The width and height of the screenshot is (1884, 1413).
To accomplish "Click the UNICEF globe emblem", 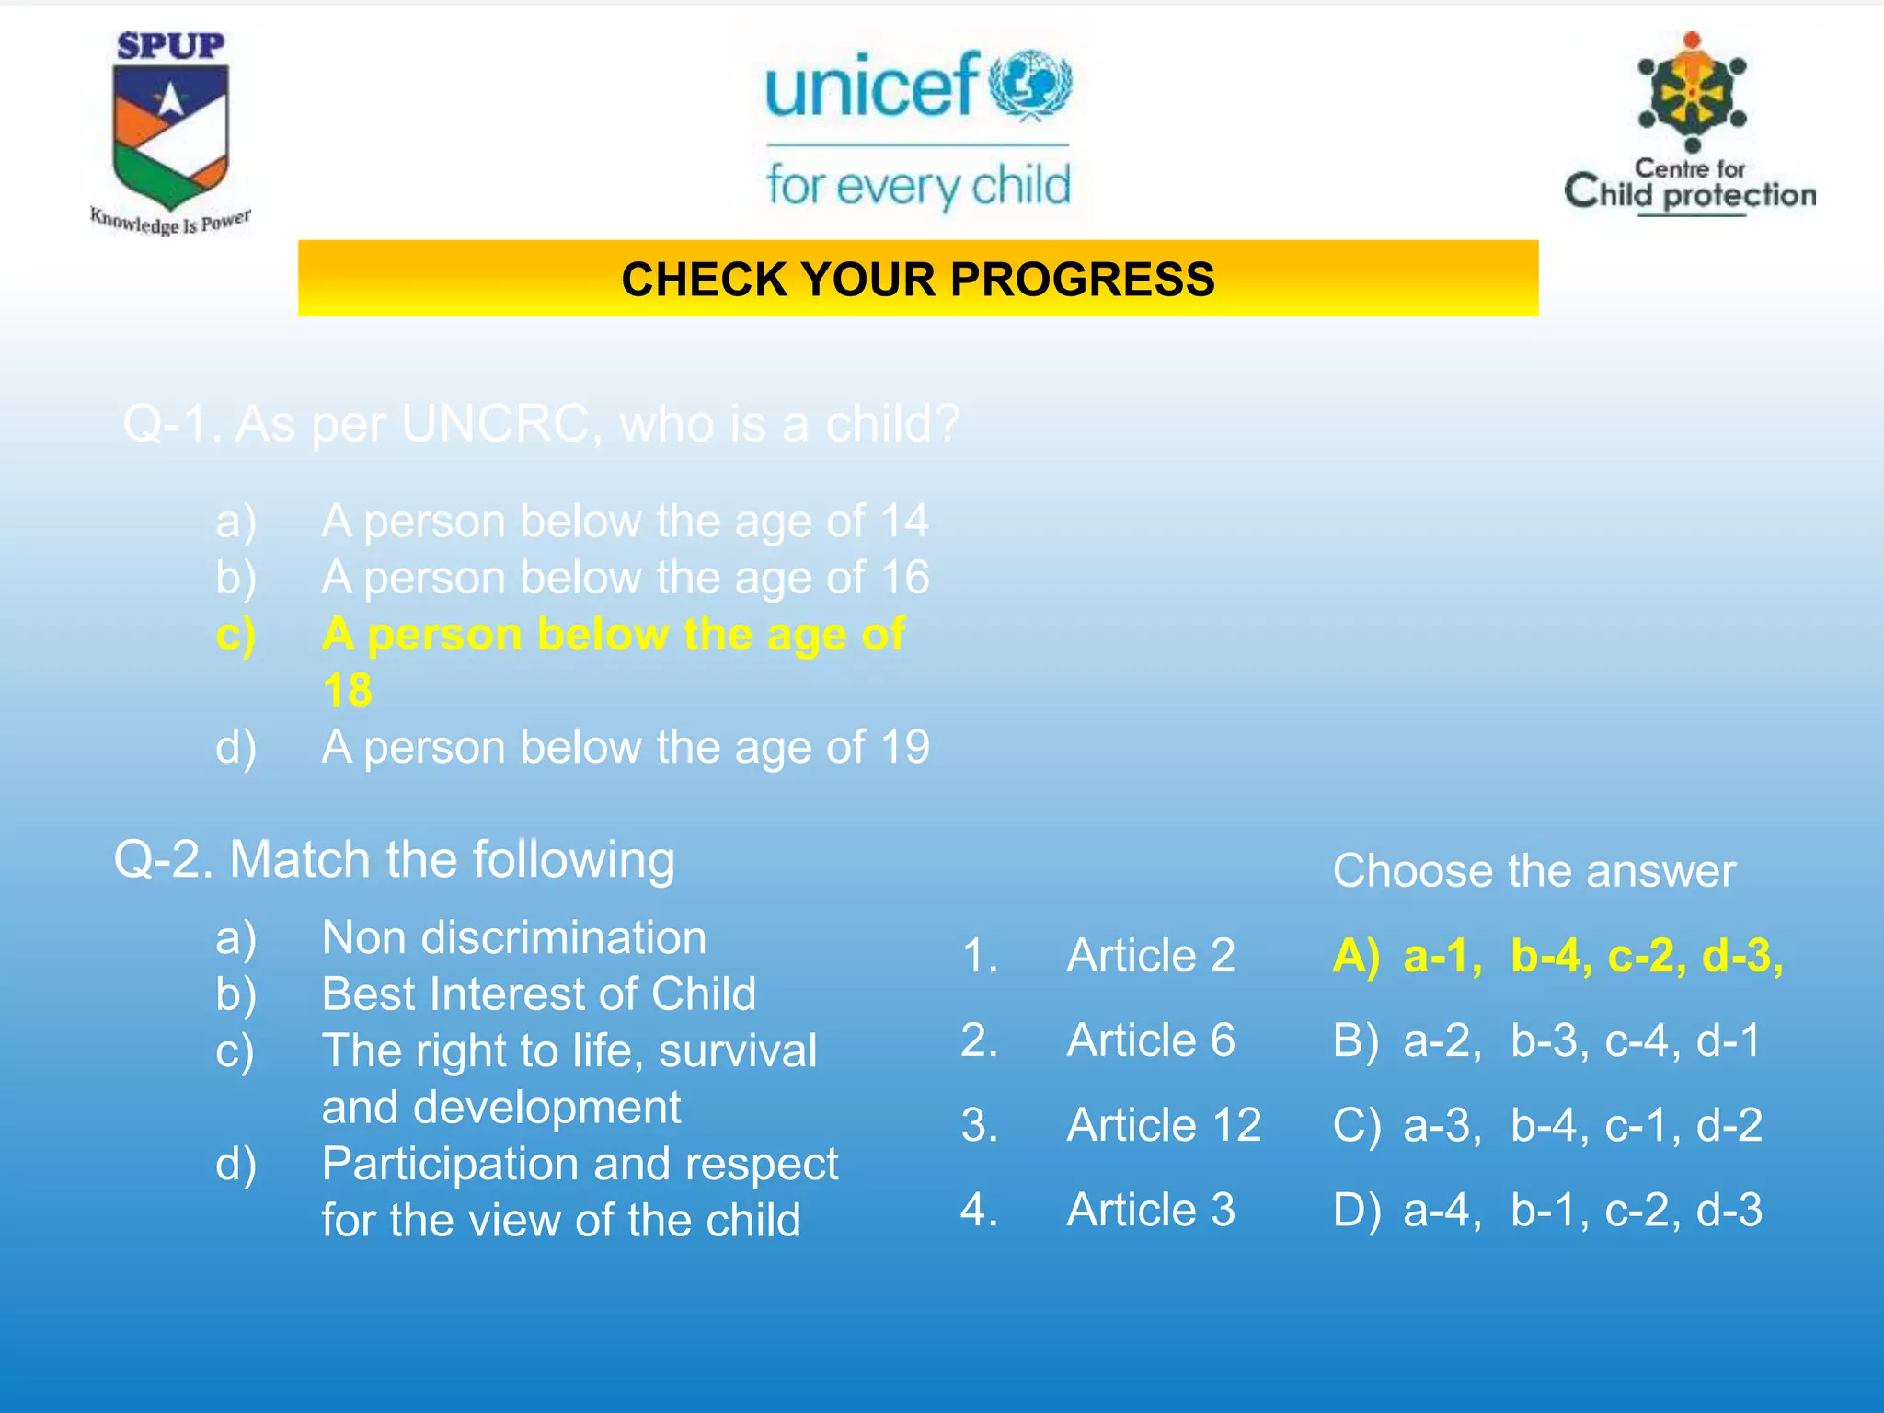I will click(x=1030, y=85).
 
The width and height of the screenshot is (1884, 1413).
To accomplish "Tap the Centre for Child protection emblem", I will click(x=1692, y=92).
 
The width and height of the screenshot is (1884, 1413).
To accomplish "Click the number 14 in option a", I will click(x=904, y=522).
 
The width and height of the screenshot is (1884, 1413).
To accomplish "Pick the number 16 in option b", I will click(x=904, y=578).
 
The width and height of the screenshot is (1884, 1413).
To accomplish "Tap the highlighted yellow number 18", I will click(x=348, y=690).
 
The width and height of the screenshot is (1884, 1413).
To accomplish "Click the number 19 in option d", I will click(x=904, y=747).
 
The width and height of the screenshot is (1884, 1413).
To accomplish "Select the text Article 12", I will click(x=1164, y=1125).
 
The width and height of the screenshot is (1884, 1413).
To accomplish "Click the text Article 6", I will click(x=1151, y=1040).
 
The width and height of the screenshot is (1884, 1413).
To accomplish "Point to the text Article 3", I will click(x=1151, y=1210).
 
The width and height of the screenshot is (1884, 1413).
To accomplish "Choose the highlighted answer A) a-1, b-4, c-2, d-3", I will click(x=1557, y=956).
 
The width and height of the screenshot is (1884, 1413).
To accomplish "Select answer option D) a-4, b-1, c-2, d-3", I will click(x=1547, y=1210).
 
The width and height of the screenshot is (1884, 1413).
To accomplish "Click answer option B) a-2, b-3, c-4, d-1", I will click(x=1547, y=1040).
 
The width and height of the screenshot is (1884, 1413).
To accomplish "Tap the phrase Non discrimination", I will click(x=513, y=937).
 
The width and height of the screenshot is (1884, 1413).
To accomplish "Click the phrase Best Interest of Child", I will click(x=538, y=994).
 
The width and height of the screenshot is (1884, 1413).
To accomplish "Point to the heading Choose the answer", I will click(x=1534, y=870).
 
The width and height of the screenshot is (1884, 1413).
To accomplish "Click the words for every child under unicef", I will click(x=918, y=185).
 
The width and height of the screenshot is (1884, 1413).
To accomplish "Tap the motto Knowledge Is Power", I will click(x=170, y=222).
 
